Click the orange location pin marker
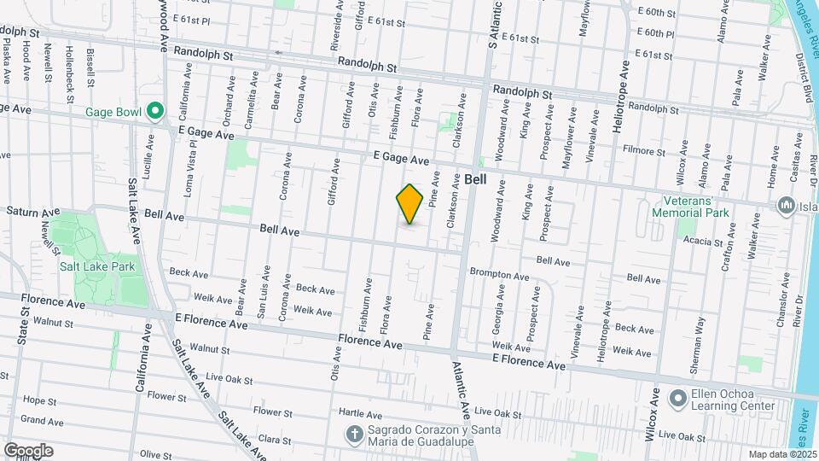click(409, 203)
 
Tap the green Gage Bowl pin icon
click(154, 111)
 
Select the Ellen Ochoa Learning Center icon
click(678, 399)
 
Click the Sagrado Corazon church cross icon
click(355, 435)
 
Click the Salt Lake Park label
click(97, 266)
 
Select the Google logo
click(28, 450)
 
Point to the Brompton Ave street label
click(500, 275)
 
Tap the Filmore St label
click(643, 152)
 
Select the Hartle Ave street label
click(361, 412)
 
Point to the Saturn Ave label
click(33, 211)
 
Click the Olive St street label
click(156, 455)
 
